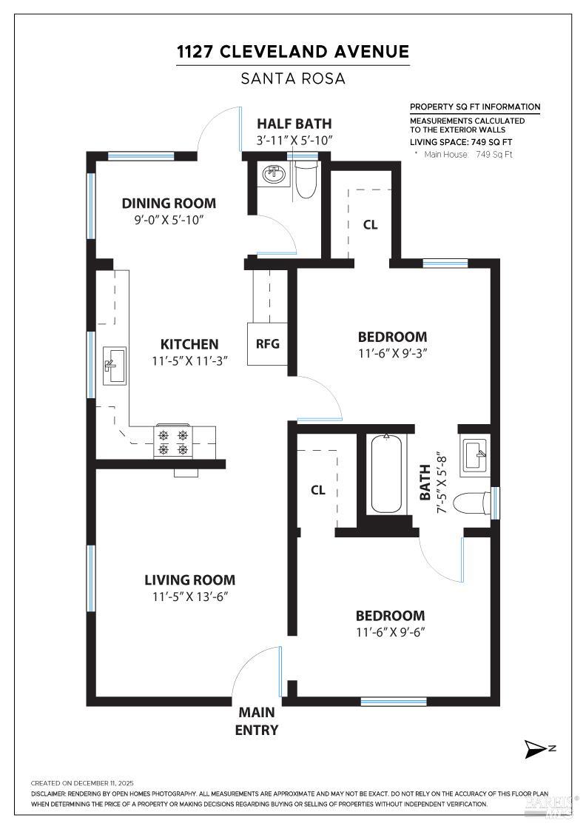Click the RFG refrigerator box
[268, 344]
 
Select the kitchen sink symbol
[114, 365]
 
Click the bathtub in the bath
[388, 474]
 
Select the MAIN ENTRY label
[257, 722]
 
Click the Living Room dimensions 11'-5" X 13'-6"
[190, 597]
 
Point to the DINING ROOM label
[169, 203]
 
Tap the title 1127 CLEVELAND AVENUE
[293, 51]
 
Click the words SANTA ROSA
[293, 78]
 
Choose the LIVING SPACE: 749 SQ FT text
[462, 142]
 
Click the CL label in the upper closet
[370, 225]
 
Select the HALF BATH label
[294, 124]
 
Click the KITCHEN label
[189, 344]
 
